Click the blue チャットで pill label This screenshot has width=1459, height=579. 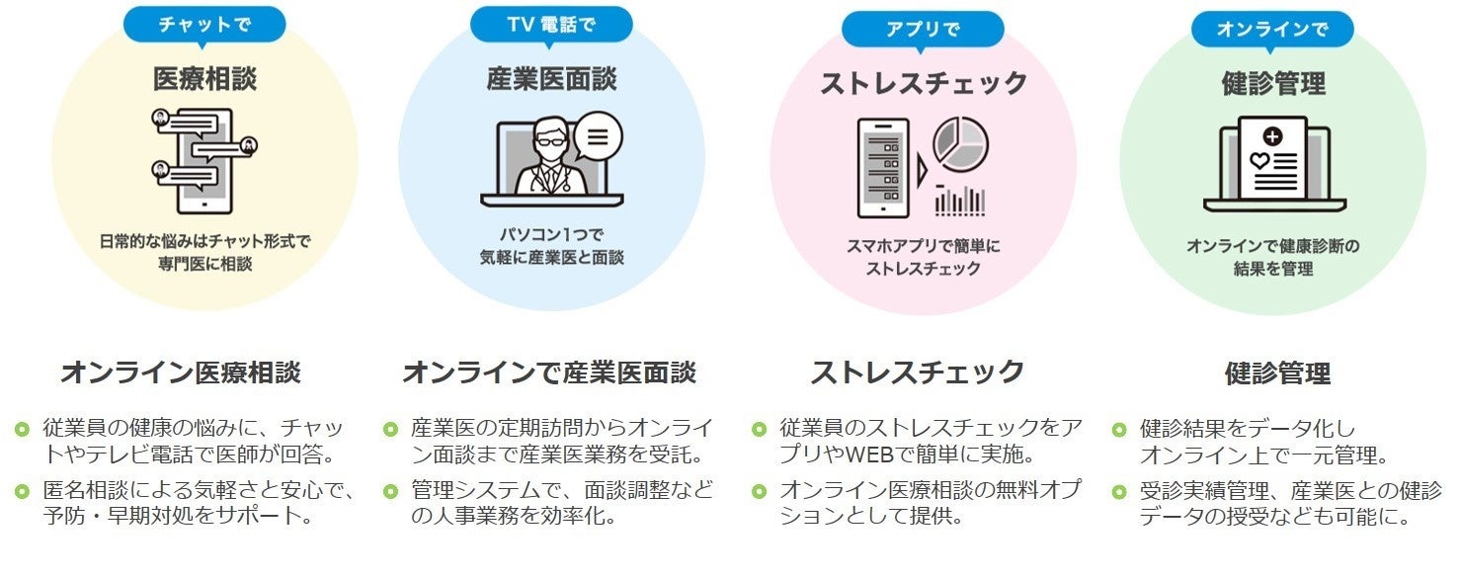[204, 24]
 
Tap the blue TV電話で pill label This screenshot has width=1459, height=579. [551, 25]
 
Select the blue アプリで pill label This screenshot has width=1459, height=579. [923, 29]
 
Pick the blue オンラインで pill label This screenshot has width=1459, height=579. [1271, 29]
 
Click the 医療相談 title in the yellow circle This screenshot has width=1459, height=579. [204, 79]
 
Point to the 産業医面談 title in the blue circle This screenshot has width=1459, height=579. [551, 80]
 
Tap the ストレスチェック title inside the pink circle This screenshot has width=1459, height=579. [924, 84]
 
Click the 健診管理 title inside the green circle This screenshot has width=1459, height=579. [1272, 84]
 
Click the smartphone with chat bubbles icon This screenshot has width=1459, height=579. [204, 158]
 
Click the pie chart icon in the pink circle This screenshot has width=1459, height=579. [960, 143]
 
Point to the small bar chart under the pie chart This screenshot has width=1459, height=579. [959, 200]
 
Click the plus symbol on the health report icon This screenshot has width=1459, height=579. [1271, 136]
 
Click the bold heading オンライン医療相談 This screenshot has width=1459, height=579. [181, 372]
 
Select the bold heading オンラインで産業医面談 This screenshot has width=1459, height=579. [549, 372]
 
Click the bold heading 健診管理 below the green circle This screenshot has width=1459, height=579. [1276, 373]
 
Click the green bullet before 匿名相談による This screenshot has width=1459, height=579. [22, 490]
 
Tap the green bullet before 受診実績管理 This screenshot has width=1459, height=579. [1119, 490]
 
